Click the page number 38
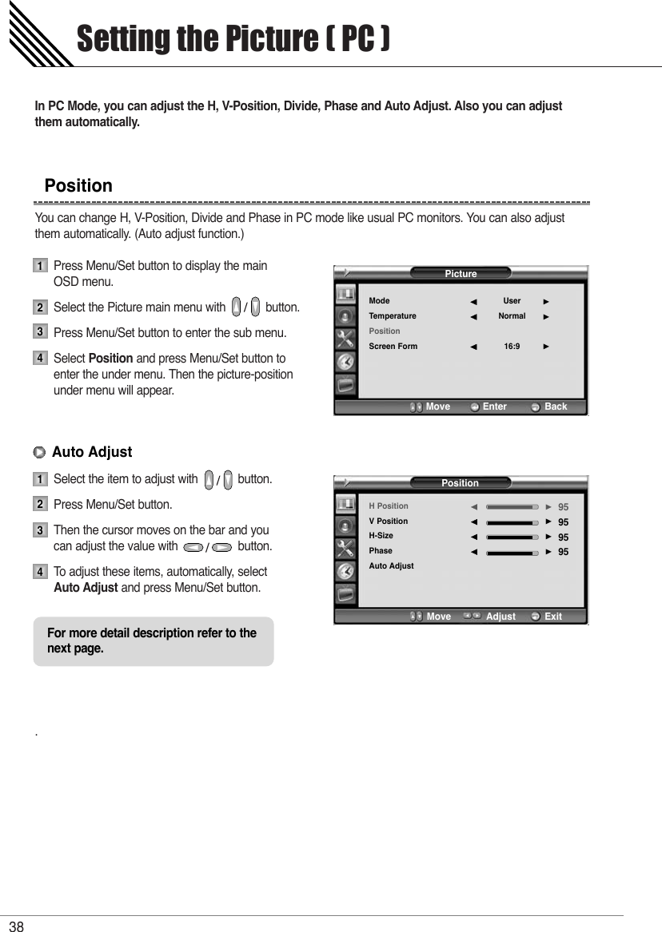tap(17, 926)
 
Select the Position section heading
tap(78, 186)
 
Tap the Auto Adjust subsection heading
tap(91, 452)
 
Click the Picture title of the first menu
tap(461, 274)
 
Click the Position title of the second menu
tap(460, 483)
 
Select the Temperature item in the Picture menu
tap(392, 316)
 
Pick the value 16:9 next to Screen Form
tap(512, 347)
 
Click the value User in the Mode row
tap(512, 301)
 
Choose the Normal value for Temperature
tap(512, 316)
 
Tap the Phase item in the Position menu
tap(381, 551)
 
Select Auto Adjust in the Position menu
tap(391, 566)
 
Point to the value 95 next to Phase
tap(563, 552)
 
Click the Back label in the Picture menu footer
tap(555, 407)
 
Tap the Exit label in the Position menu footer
tap(552, 617)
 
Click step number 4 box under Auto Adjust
tap(39, 573)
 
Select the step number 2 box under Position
tap(39, 307)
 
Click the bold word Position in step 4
tap(110, 359)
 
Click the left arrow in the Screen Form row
tap(473, 347)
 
